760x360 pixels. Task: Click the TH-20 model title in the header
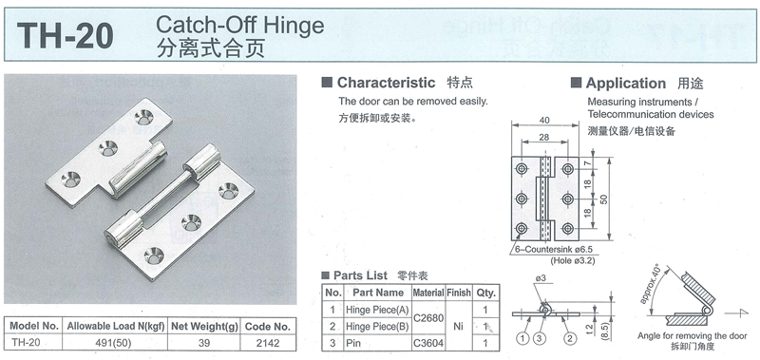(65, 36)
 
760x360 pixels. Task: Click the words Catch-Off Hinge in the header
(240, 25)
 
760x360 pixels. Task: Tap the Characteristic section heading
(386, 83)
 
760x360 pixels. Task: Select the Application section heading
(626, 84)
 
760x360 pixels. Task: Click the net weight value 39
(204, 343)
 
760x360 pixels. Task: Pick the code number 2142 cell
(268, 343)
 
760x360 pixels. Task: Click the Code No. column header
(268, 326)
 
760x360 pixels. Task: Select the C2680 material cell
(428, 318)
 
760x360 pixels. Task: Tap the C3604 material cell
(428, 343)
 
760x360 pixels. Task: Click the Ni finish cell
(459, 326)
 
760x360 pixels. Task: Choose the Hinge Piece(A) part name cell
(377, 310)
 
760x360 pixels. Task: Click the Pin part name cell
(352, 343)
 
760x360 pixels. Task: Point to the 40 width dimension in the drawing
(543, 121)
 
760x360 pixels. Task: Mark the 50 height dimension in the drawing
(603, 199)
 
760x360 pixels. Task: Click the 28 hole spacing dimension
(543, 138)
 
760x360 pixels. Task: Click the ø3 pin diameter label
(541, 278)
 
